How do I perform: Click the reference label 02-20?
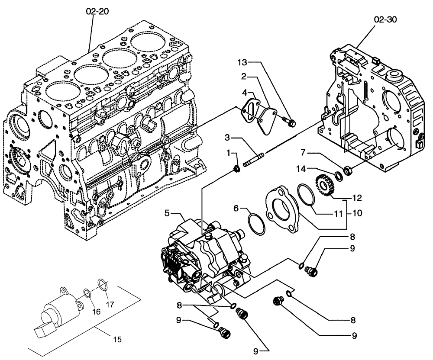(x=97, y=12)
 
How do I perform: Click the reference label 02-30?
(x=385, y=19)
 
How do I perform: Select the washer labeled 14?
(x=336, y=175)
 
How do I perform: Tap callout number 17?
(x=110, y=304)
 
